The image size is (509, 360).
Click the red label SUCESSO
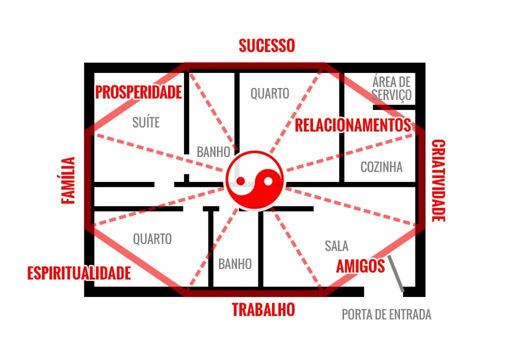267,45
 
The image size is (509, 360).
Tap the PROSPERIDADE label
138,92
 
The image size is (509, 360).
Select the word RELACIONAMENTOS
353,125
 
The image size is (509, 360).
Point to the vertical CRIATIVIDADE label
438,181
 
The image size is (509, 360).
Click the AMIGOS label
360,266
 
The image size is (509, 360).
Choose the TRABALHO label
263,309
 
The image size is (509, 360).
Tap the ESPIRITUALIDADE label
79,273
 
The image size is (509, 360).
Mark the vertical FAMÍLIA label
68,180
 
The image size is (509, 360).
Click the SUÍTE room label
146,122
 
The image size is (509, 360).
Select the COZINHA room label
381,167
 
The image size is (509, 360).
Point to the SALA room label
336,246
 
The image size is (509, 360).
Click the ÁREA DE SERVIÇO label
391,88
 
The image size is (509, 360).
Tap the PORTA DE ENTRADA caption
386,314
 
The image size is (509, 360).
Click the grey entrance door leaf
396,273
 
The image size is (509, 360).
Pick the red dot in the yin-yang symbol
240,181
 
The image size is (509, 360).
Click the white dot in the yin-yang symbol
268,181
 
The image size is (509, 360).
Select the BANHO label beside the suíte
213,152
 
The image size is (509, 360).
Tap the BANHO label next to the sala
235,264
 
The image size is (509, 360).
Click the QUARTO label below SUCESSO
270,93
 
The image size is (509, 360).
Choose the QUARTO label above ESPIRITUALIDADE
152,239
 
